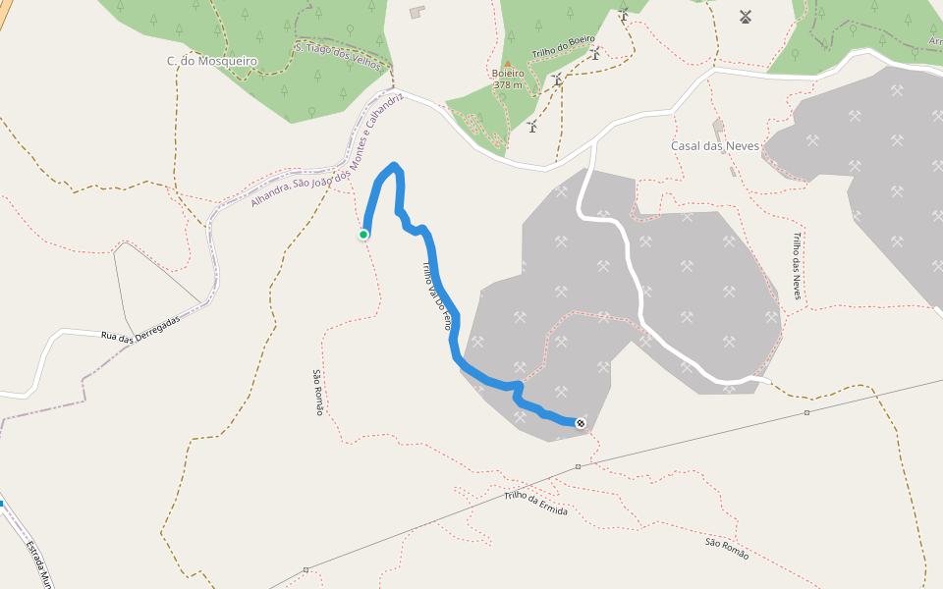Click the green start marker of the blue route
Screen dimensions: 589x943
(363, 234)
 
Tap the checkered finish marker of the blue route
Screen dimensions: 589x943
(581, 423)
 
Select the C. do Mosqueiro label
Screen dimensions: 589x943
(211, 61)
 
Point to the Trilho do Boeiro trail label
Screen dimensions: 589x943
(563, 46)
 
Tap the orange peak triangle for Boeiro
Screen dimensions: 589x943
(508, 63)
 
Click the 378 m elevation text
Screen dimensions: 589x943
(508, 84)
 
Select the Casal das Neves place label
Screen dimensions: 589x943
(715, 145)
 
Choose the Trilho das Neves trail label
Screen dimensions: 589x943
(797, 265)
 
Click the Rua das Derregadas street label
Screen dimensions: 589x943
(140, 328)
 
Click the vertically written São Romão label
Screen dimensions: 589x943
(317, 392)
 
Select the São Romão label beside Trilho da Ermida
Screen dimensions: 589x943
(727, 549)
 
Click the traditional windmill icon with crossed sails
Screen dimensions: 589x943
(745, 17)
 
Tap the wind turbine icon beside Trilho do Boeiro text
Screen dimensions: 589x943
(595, 54)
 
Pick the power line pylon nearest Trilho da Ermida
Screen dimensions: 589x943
(578, 466)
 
